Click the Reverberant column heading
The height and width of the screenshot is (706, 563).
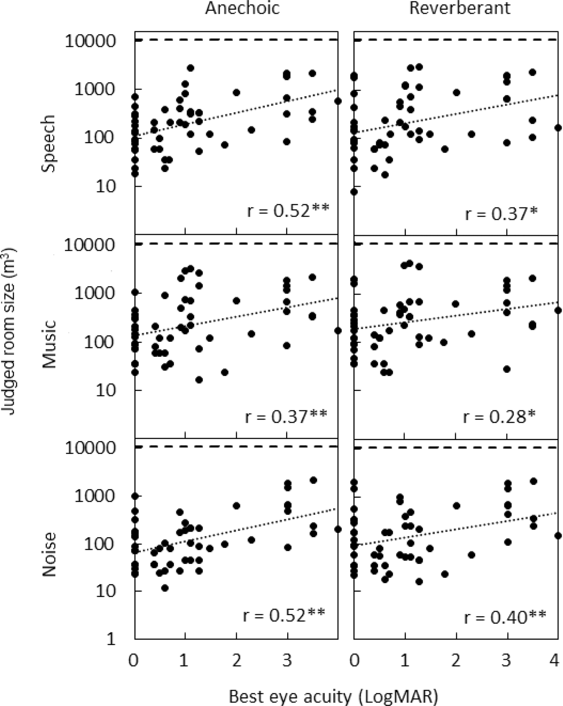tap(460, 10)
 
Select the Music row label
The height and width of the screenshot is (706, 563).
tap(48, 344)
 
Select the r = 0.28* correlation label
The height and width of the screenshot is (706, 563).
tap(499, 415)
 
